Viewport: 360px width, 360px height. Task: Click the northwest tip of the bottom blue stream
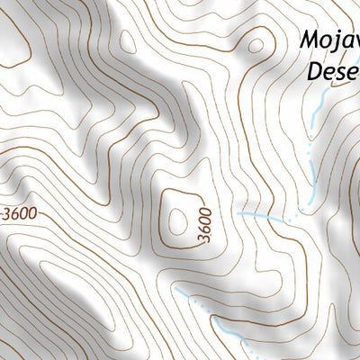click(x=176, y=293)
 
